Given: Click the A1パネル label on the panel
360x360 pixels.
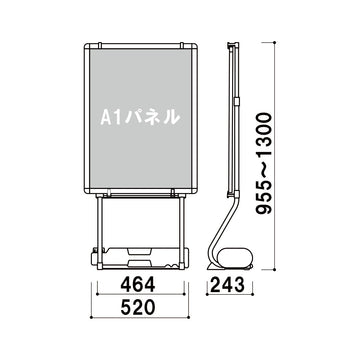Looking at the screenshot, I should tap(141, 116).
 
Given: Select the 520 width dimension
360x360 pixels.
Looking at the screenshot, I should tap(142, 312).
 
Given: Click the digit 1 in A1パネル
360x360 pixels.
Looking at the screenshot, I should tap(118, 116).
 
